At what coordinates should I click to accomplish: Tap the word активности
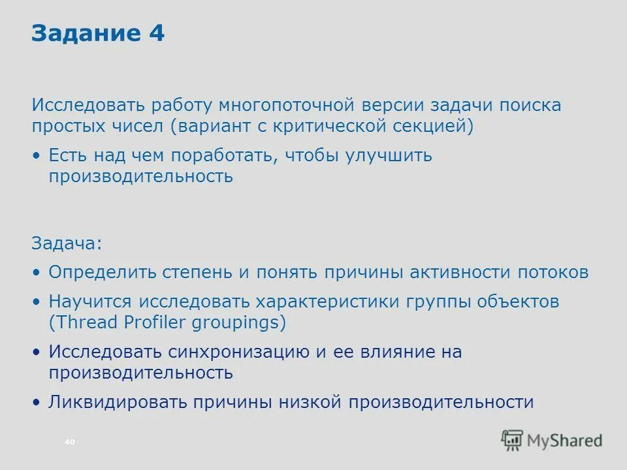click(x=460, y=272)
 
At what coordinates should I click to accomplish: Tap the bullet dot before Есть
click(x=37, y=157)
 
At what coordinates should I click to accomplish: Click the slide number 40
click(x=70, y=443)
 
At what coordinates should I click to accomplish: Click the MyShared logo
click(x=551, y=440)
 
